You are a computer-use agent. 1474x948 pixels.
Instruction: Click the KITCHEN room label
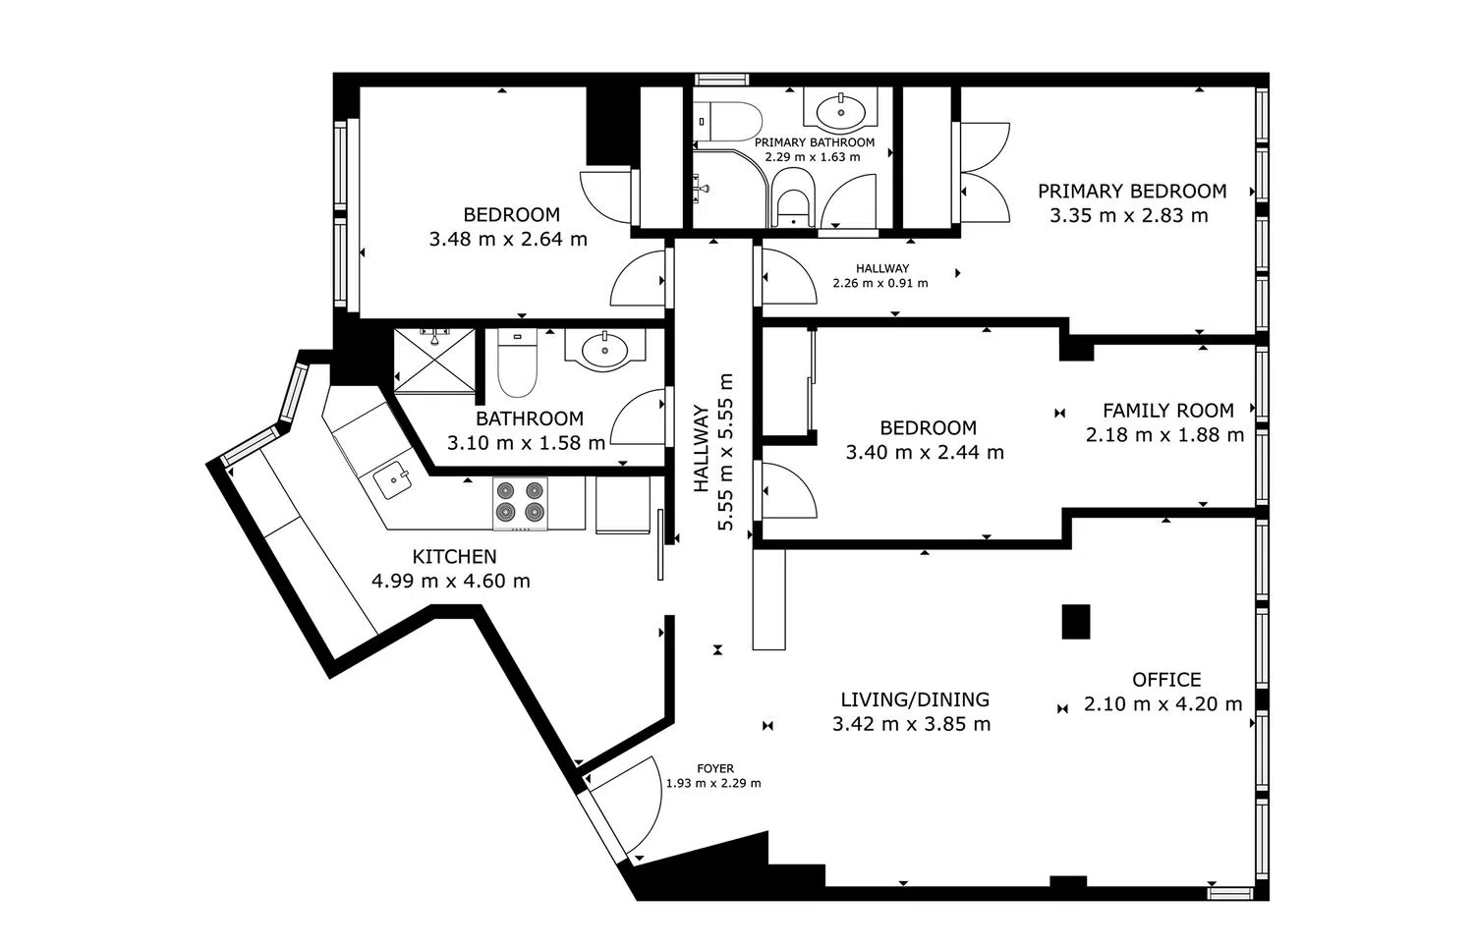point(454,557)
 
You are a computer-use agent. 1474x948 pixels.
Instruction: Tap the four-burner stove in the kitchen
point(520,503)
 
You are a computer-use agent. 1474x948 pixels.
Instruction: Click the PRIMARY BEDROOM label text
point(1132,192)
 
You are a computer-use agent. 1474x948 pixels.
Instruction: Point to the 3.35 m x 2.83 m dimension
point(1128,216)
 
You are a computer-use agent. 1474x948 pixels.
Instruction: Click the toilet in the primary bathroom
point(727,121)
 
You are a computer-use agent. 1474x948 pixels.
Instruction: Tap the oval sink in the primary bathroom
point(841,111)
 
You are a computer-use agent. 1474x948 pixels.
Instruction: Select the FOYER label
point(715,768)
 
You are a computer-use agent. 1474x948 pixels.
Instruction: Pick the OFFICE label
point(1166,680)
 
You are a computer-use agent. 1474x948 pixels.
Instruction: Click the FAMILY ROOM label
point(1168,411)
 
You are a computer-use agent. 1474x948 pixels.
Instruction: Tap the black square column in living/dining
point(1076,622)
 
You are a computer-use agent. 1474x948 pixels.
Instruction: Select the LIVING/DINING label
point(915,699)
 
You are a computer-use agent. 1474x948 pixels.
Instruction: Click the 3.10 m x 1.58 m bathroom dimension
point(526,443)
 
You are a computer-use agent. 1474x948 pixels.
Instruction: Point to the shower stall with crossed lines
point(434,362)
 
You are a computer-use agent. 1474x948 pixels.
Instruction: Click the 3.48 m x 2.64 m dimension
point(508,239)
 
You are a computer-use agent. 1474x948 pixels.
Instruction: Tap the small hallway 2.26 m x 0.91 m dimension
point(880,284)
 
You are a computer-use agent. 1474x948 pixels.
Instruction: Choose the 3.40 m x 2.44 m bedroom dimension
point(925,453)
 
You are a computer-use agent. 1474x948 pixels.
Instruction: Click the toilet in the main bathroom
point(517,363)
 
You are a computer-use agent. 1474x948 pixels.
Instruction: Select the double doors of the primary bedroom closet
point(985,172)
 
